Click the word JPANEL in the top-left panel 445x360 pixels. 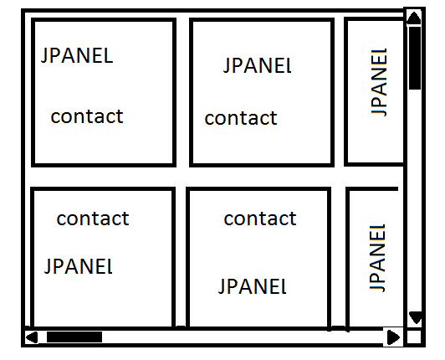pyautogui.click(x=77, y=56)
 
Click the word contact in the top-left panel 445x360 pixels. pyautogui.click(x=87, y=116)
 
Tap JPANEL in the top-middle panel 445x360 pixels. pyautogui.click(x=258, y=66)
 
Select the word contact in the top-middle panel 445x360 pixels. pyautogui.click(x=241, y=118)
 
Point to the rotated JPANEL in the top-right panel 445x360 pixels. pyautogui.click(x=379, y=82)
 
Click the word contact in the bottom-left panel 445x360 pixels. pyautogui.click(x=93, y=219)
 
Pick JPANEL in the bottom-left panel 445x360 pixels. pyautogui.click(x=79, y=266)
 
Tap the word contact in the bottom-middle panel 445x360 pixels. pyautogui.click(x=260, y=219)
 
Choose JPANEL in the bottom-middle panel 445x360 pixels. pyautogui.click(x=253, y=286)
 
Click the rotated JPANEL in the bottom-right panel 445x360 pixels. pyautogui.click(x=377, y=258)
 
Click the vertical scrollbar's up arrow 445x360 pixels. pyautogui.click(x=414, y=18)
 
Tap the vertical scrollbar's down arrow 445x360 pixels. pyautogui.click(x=416, y=317)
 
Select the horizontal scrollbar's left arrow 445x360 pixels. pyautogui.click(x=32, y=337)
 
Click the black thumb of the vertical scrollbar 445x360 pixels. pyautogui.click(x=415, y=59)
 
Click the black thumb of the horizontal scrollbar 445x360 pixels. pyautogui.click(x=74, y=337)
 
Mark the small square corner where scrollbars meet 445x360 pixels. pyautogui.click(x=414, y=337)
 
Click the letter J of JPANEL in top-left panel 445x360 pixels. pyautogui.click(x=43, y=56)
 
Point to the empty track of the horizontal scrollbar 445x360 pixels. pyautogui.click(x=243, y=337)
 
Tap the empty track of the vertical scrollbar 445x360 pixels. pyautogui.click(x=415, y=200)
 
